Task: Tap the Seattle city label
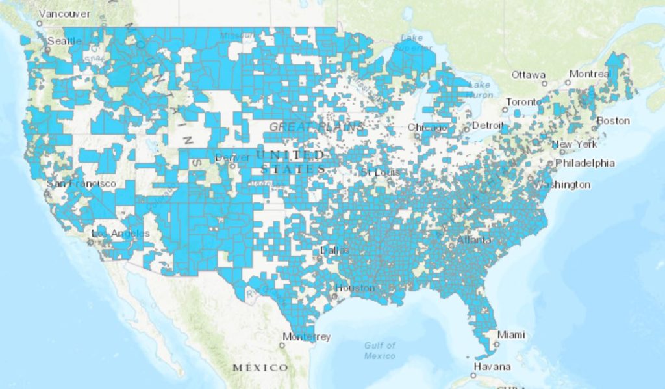pos(64,41)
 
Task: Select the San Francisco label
pos(81,184)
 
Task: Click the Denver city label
pos(232,158)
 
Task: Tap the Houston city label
pos(355,288)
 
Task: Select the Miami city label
pos(511,335)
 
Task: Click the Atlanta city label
pos(474,240)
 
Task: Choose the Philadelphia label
pos(583,163)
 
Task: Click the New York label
pos(574,144)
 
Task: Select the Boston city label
pos(613,120)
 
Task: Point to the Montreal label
pos(590,74)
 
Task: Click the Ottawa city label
pos(529,75)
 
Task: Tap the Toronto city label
pos(523,102)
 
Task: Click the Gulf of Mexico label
pos(380,351)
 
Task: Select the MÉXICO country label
pos(260,368)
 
